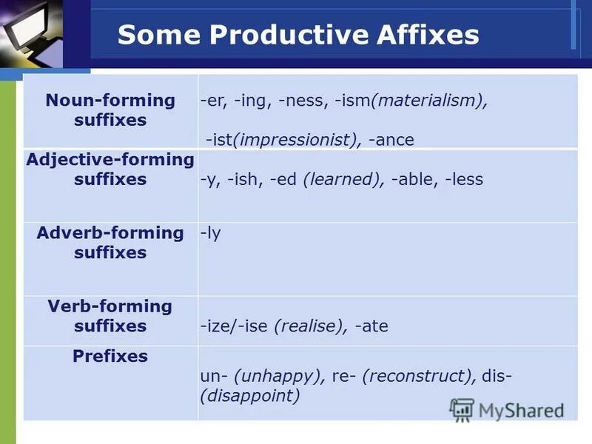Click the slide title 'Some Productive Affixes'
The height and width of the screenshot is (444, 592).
click(x=298, y=35)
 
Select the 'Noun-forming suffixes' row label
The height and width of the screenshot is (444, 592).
click(x=110, y=110)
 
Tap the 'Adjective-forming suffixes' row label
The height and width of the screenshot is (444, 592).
click(x=110, y=169)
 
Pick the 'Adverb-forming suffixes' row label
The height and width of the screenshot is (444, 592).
click(x=110, y=243)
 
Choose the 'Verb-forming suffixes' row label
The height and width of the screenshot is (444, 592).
click(x=110, y=316)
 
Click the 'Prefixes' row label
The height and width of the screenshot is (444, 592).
click(x=110, y=356)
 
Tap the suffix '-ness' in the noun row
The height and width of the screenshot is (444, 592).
click(x=301, y=101)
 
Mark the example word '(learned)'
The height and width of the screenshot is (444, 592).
click(x=340, y=179)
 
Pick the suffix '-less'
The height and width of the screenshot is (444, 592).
click(x=463, y=179)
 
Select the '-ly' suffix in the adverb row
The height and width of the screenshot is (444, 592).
click(x=211, y=233)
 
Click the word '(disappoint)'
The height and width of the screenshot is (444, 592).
click(x=250, y=396)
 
